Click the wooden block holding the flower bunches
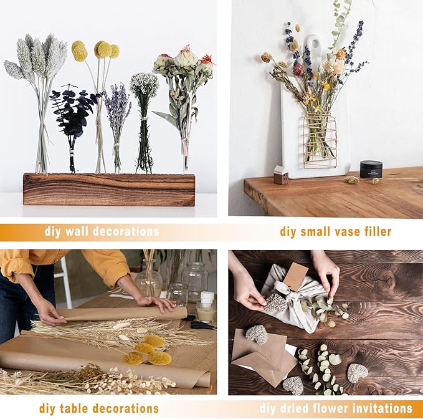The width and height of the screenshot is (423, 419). click(x=109, y=190)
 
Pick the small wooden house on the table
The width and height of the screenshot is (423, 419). click(x=281, y=175)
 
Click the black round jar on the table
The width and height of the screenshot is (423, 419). click(x=371, y=169)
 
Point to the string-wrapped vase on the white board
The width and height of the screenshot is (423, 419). click(x=320, y=140)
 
